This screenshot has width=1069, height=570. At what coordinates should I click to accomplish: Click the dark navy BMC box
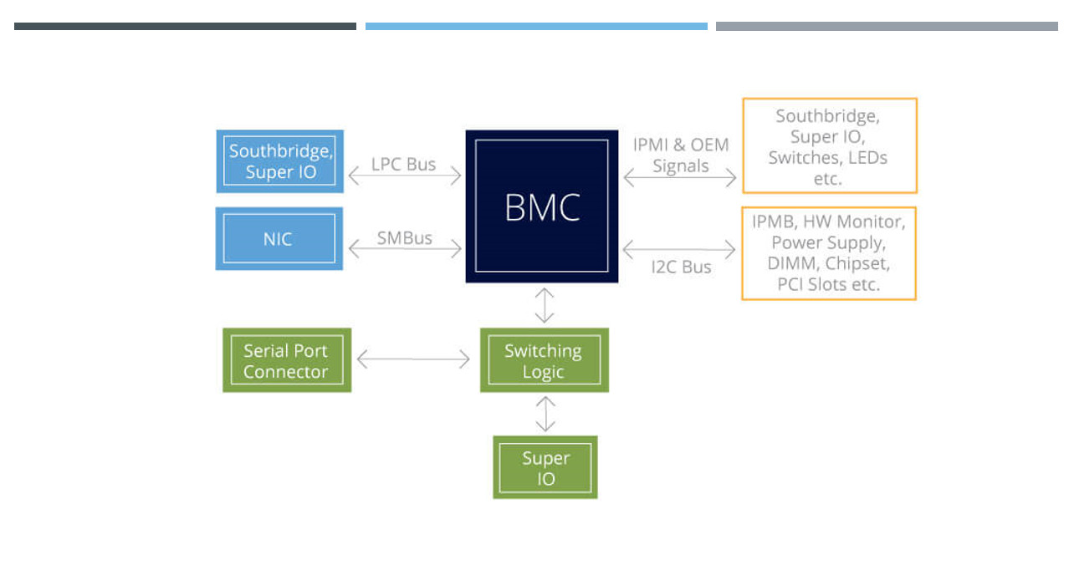point(542,206)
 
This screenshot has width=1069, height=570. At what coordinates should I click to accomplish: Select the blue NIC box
point(279,239)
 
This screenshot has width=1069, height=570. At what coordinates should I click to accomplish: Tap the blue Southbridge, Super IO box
point(279,161)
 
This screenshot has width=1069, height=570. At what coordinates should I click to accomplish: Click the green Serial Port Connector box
point(286,360)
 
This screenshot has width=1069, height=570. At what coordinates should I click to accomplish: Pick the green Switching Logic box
point(544,360)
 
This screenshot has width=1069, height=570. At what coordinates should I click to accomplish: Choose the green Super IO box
point(545,467)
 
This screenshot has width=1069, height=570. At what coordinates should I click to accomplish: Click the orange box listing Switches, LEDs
point(829,146)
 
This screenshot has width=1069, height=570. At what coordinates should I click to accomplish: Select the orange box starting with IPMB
point(829,253)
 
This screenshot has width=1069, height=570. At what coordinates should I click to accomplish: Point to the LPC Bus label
point(404,164)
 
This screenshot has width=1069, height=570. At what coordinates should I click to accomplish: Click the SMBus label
point(405,238)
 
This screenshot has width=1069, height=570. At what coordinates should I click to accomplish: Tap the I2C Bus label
point(681,267)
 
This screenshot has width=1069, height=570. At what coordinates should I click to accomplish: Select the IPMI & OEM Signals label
point(680,155)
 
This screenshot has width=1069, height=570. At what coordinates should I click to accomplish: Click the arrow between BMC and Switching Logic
point(545,305)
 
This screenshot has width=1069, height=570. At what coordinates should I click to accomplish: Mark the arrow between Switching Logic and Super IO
point(545,413)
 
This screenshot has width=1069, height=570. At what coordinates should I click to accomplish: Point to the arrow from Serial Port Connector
point(413,360)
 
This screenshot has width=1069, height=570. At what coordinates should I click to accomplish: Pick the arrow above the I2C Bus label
point(679,249)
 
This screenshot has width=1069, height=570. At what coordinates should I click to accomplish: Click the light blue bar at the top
point(536,27)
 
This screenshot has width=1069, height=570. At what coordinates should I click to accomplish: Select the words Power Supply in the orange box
point(826,243)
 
